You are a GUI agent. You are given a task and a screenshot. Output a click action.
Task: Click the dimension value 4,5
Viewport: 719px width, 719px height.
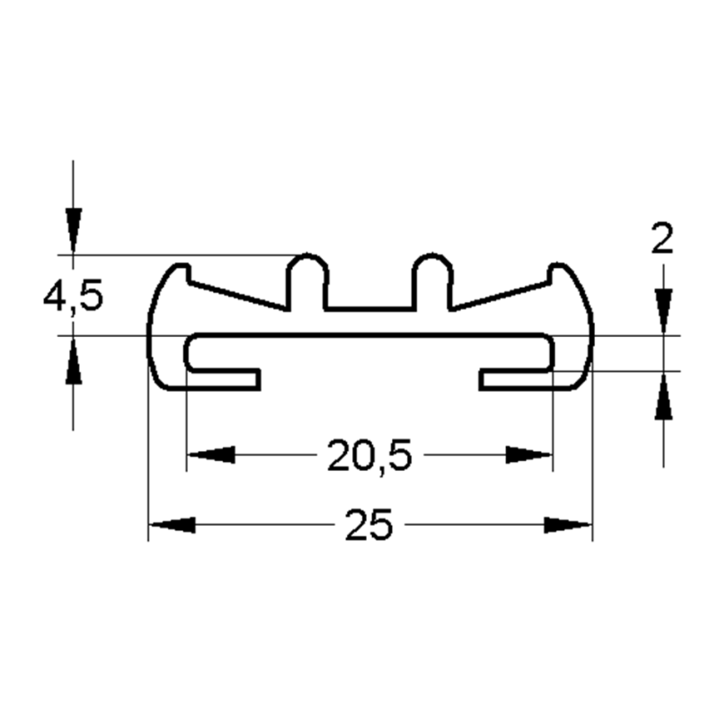click(x=73, y=296)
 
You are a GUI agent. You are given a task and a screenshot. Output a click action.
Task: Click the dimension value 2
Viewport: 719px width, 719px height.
click(x=661, y=241)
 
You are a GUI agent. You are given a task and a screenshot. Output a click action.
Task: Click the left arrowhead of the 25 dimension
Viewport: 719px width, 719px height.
click(x=171, y=525)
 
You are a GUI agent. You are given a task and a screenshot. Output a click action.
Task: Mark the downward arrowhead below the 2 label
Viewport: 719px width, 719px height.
click(x=663, y=311)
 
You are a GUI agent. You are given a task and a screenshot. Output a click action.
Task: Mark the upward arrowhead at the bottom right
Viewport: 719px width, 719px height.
click(x=663, y=395)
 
